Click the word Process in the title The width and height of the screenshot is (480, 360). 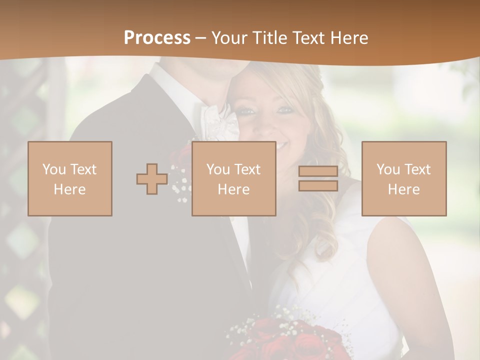tap(157, 38)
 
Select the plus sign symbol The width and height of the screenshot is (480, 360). tap(152, 179)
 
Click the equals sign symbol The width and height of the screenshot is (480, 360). tap(318, 178)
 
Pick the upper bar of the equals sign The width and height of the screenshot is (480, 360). tap(318, 171)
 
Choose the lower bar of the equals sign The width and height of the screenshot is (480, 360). tap(318, 186)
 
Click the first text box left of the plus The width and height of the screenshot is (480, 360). tap(70, 178)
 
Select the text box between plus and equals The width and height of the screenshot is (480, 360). tap(233, 178)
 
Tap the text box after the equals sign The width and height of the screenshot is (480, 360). tap(403, 178)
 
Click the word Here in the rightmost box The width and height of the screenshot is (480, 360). tap(403, 189)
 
